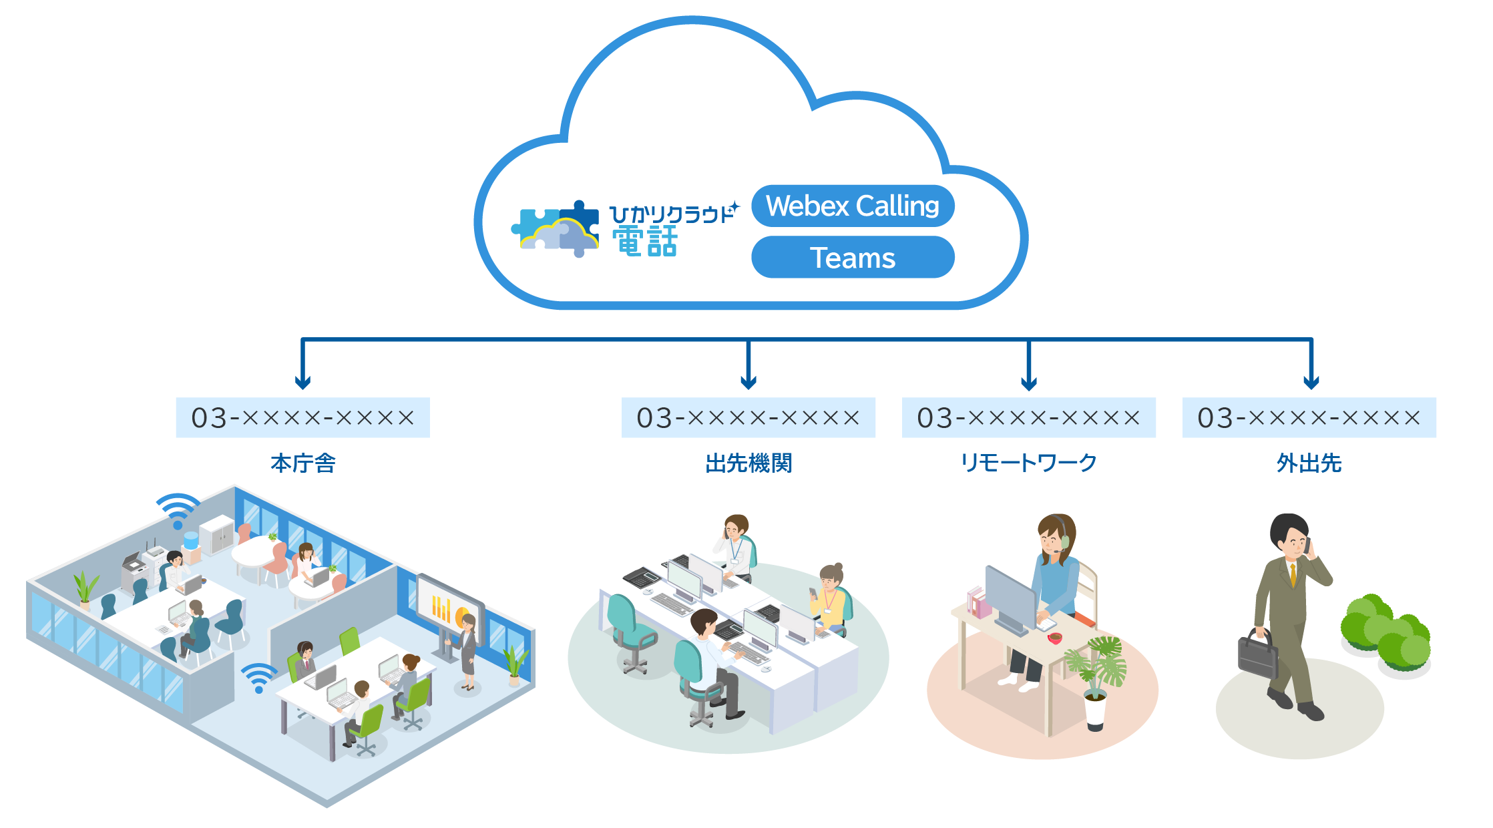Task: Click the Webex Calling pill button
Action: click(x=853, y=206)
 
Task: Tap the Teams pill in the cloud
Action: click(x=853, y=258)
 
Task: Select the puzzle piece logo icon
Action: click(x=556, y=229)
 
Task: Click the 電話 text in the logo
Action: click(x=645, y=242)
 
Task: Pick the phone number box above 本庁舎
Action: click(x=302, y=418)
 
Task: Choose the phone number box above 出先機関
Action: click(x=748, y=418)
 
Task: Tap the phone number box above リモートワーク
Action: click(x=1028, y=418)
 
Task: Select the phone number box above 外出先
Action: click(x=1309, y=418)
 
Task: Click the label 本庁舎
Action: click(x=302, y=463)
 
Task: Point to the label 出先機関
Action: click(x=748, y=463)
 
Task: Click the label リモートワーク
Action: click(x=1028, y=463)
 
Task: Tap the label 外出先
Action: click(x=1309, y=463)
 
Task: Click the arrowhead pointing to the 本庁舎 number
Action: click(x=302, y=383)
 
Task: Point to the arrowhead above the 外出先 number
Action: click(x=1311, y=383)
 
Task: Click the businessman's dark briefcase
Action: click(x=1257, y=655)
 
